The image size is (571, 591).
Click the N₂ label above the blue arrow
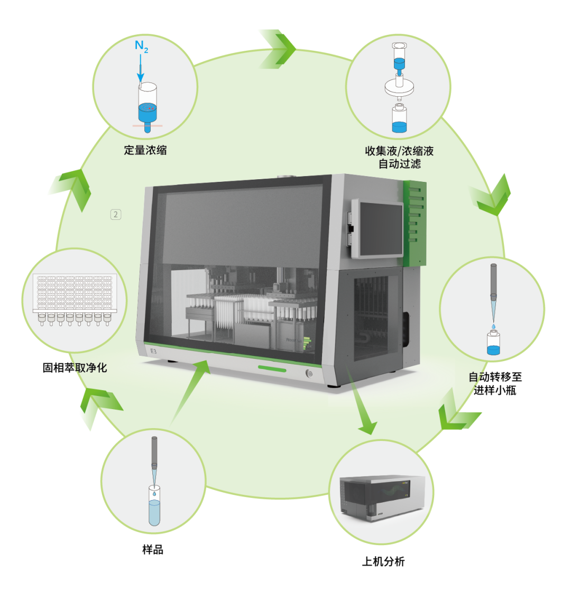tap(141, 47)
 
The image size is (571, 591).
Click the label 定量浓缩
tap(145, 150)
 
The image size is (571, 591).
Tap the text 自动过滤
tap(400, 163)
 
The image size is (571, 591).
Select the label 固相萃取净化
tap(75, 367)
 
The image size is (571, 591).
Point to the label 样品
tap(153, 550)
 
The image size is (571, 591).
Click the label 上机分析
tap(383, 561)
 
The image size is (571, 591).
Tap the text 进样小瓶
tap(495, 390)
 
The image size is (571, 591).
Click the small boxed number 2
tap(116, 215)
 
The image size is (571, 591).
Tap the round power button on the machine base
tap(309, 374)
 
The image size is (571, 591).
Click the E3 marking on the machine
tap(153, 352)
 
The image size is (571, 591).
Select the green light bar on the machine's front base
tap(272, 368)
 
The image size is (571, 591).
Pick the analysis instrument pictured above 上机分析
tap(382, 497)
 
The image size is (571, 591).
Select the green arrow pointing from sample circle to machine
tap(190, 392)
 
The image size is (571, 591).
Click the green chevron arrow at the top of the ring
tap(278, 49)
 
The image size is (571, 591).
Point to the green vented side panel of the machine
tap(415, 223)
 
